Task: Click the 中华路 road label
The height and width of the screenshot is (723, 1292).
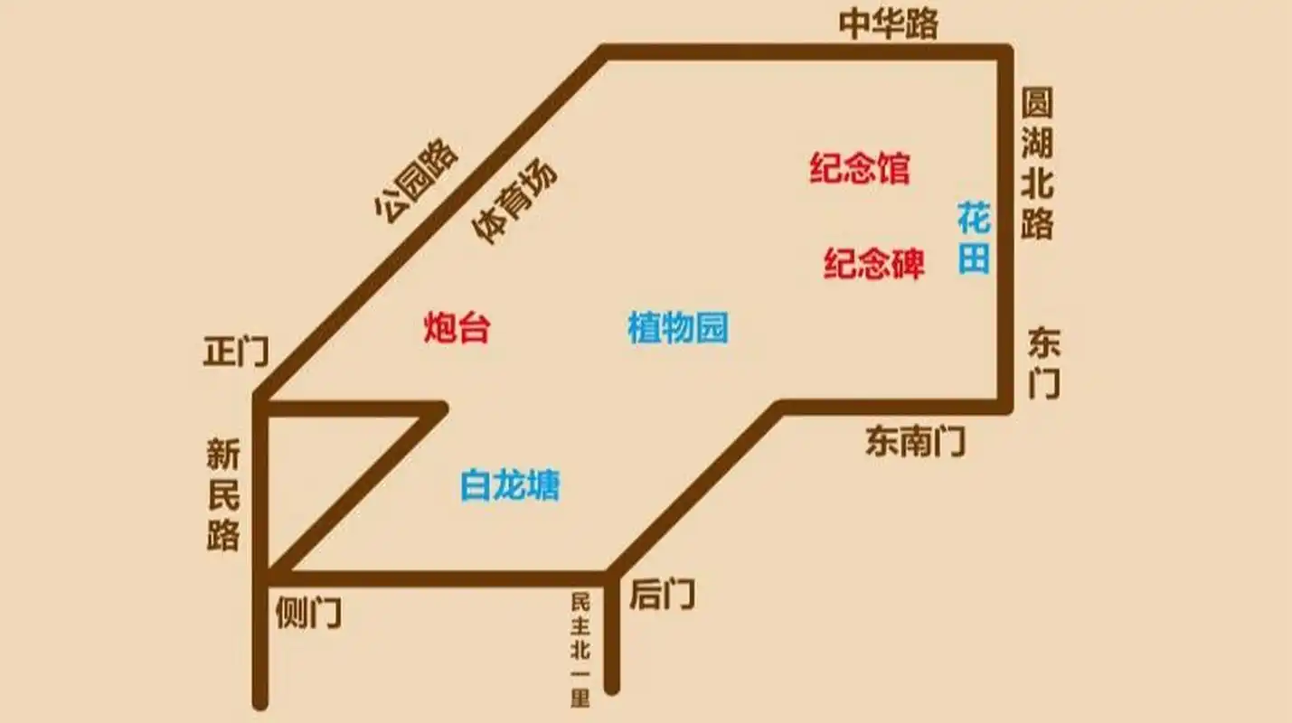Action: tap(888, 23)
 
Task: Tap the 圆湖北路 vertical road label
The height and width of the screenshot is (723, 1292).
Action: tap(1037, 164)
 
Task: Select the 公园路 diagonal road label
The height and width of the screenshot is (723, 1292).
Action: tap(417, 181)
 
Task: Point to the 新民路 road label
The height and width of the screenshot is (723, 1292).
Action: tap(222, 496)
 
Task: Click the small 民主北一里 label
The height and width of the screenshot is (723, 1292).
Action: tap(580, 649)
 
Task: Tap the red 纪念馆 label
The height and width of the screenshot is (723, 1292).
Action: tap(859, 169)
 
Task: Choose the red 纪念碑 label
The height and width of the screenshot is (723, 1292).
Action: tap(873, 263)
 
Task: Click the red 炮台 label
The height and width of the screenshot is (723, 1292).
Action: tap(457, 327)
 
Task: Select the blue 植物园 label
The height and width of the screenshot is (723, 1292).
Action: tap(677, 327)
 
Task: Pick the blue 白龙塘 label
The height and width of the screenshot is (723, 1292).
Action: tap(510, 485)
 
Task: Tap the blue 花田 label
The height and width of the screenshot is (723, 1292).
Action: tap(974, 239)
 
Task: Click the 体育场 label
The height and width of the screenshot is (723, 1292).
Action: tap(514, 203)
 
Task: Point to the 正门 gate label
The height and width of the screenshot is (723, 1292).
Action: tap(235, 352)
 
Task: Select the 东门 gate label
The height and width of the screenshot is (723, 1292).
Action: tap(1044, 363)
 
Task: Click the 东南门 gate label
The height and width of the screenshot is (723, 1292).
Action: tap(915, 441)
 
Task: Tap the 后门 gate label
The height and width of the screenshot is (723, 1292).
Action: tap(662, 595)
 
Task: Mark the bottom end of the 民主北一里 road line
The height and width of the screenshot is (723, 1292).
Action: tap(612, 687)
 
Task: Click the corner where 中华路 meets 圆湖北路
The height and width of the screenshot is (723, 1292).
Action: tap(1004, 52)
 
